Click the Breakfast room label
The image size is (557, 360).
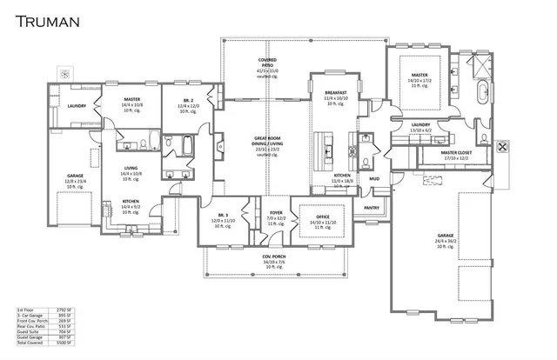[x=336, y=92]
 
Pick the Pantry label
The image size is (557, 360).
[x=372, y=208]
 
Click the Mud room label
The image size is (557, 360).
[x=373, y=179]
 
